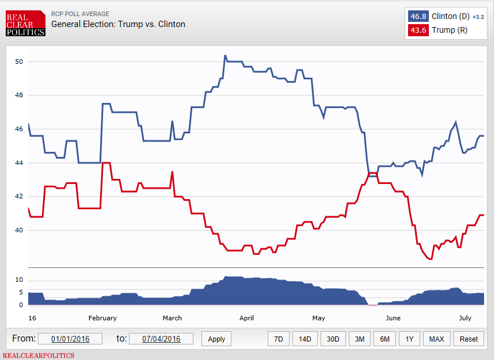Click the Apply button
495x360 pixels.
pos(216,339)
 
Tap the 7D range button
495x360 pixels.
pos(278,339)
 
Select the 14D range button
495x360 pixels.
pos(304,339)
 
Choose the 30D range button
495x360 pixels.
pos(333,339)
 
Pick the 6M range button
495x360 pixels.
pos(384,339)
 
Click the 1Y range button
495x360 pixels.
pos(409,339)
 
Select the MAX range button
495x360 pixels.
pos(436,339)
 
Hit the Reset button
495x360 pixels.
pos(469,339)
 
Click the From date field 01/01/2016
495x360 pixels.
pos(69,339)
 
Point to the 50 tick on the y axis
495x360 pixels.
pos(18,62)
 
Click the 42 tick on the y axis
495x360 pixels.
pos(18,197)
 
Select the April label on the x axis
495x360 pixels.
pos(246,318)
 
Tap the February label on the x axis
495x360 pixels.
pos(103,318)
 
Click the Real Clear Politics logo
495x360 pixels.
pos(25,24)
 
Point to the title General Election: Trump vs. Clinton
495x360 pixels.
pos(118,24)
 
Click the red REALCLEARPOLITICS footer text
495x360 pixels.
pos(39,355)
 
